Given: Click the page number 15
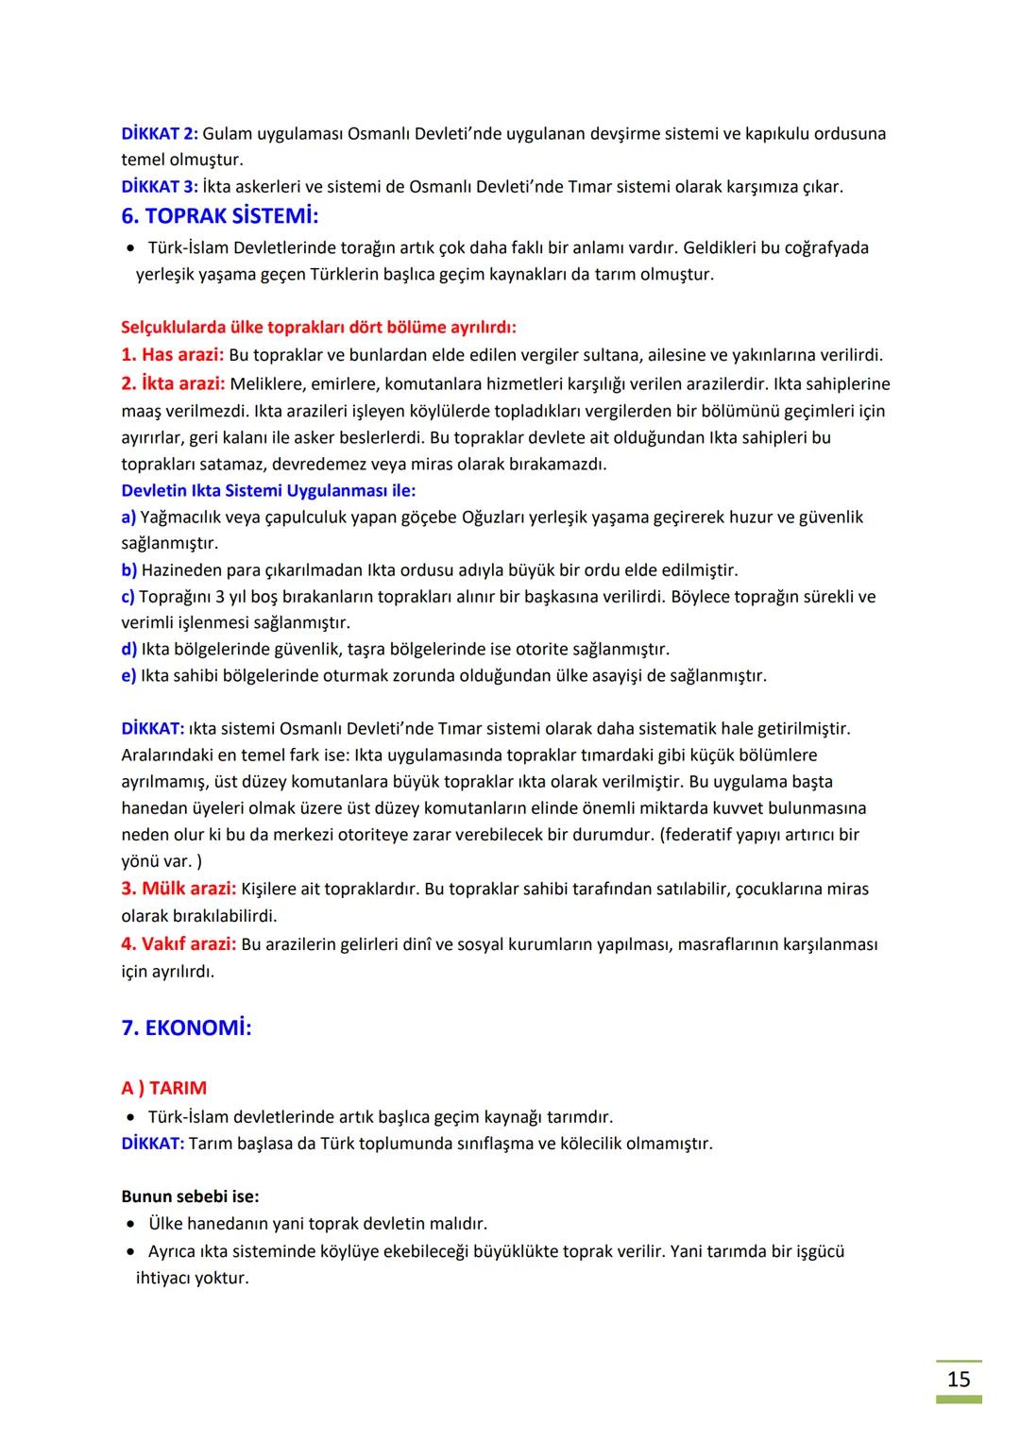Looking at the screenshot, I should click(x=959, y=1379).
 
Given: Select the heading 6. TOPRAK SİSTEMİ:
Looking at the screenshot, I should click(x=220, y=216).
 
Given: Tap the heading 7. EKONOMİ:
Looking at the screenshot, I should click(x=186, y=1027).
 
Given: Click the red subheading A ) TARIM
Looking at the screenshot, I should click(x=163, y=1088).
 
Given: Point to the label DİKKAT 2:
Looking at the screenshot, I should click(x=159, y=133).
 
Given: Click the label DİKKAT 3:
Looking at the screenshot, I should click(x=159, y=186).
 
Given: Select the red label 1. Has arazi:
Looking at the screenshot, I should click(x=172, y=355).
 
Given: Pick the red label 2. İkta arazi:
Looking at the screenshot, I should click(x=173, y=383).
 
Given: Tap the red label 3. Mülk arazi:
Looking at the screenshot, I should click(x=178, y=889).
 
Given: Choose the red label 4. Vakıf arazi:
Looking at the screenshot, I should click(x=178, y=943).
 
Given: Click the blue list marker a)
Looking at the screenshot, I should click(x=128, y=517).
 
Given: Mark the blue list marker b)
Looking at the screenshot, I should click(x=129, y=569).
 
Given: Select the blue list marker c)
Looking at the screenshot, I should click(x=127, y=596).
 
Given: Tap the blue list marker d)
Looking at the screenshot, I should click(x=129, y=649).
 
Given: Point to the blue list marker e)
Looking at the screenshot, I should click(x=128, y=675).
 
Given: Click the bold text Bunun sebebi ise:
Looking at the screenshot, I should click(x=190, y=1196).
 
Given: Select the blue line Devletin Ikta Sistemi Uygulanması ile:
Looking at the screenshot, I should click(x=268, y=490).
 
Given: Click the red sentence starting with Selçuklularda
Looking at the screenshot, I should click(x=318, y=328).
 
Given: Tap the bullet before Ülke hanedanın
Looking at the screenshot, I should click(x=131, y=1224).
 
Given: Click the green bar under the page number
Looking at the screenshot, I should click(x=959, y=1400).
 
